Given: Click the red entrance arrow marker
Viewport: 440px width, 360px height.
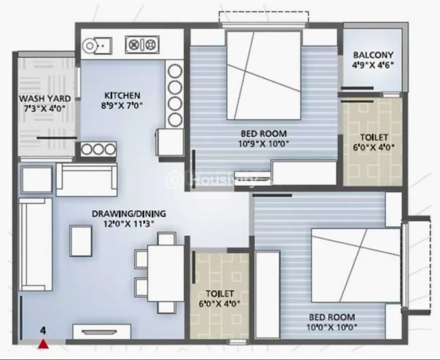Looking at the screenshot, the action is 43,344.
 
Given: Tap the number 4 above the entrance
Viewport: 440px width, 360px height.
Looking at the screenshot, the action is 42,331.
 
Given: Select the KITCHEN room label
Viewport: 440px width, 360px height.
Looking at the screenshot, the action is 123,96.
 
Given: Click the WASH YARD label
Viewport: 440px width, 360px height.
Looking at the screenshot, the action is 45,98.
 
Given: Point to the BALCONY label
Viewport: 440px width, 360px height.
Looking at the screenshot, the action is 373,55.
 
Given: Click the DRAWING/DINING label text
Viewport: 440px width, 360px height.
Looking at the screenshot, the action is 129,213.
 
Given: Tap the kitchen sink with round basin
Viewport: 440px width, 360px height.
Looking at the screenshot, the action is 97,45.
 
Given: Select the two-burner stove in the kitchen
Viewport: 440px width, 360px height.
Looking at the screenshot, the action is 142,44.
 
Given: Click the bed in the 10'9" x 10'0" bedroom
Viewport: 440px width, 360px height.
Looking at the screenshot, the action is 264,75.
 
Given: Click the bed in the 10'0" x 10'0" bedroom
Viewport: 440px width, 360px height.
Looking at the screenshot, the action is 356,265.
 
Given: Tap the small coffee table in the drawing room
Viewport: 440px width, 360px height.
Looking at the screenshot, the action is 81,241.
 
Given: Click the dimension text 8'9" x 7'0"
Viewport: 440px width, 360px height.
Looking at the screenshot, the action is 122,106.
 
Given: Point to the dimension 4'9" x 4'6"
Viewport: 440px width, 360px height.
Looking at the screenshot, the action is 373,65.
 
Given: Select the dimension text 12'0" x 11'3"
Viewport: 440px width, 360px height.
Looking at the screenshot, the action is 129,224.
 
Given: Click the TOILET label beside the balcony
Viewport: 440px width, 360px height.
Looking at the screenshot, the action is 374,137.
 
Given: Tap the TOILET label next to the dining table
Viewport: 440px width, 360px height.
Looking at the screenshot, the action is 220,294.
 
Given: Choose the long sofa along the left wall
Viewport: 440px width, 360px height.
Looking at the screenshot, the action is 36,244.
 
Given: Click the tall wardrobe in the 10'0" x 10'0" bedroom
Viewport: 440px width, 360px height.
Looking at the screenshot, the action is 268,295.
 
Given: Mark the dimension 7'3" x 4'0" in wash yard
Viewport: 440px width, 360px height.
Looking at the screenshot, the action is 45,108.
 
